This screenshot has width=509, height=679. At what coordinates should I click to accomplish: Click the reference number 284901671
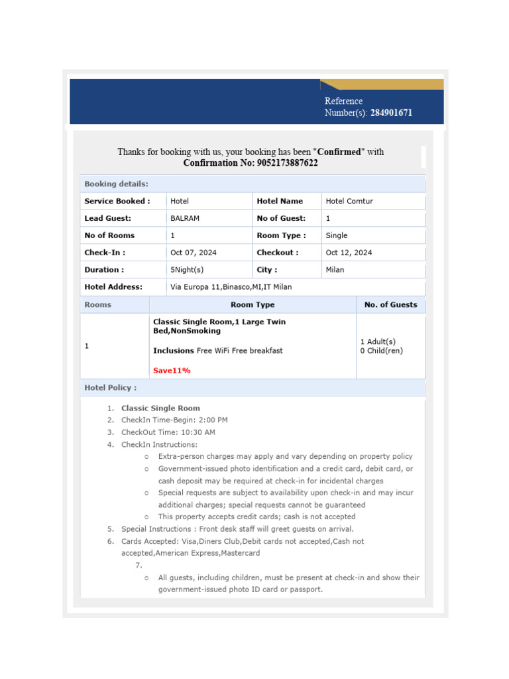pos(391,113)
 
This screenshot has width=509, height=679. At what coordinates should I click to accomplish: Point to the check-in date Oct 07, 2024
pos(194,253)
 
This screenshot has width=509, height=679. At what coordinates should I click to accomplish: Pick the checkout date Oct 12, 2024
pos(349,253)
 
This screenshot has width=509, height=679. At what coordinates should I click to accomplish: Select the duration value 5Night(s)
pos(187,270)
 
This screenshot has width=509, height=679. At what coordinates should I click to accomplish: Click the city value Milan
pos(335,270)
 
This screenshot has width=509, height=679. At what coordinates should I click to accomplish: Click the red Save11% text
pos(172,371)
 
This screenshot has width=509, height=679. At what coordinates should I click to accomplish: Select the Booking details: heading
pos(116,184)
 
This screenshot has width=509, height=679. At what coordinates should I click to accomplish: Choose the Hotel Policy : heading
pos(111,387)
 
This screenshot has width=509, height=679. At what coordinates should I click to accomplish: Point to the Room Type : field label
pos(281,235)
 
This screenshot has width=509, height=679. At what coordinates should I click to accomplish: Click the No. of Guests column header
pos(391,305)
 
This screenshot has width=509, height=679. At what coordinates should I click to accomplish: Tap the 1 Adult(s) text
pos(378,341)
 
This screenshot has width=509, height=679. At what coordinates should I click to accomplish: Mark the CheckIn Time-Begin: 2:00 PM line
pos(174,420)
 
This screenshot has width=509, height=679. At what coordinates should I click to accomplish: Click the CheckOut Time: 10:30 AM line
pos(168,432)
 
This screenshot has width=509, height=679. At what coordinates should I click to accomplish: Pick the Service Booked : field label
pos(117,201)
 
